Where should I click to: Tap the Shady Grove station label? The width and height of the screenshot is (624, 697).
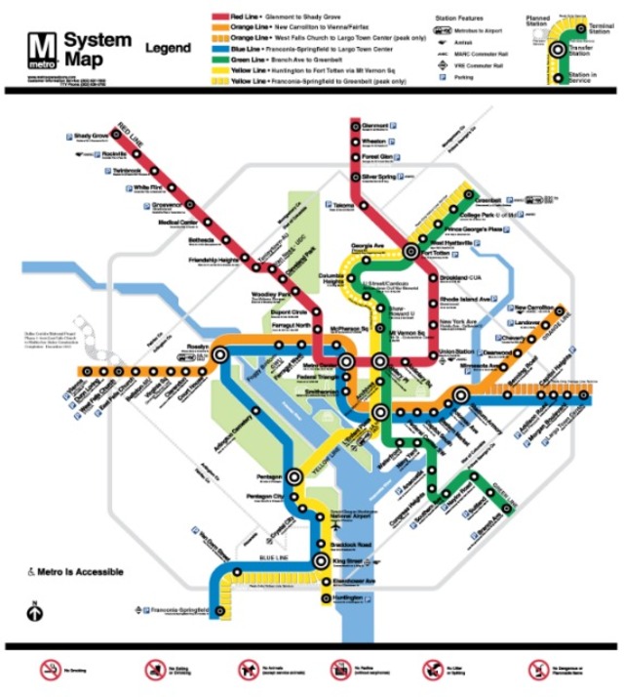click(91, 136)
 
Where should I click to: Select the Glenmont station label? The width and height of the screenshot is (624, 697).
click(375, 125)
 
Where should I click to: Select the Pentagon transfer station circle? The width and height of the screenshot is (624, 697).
click(295, 477)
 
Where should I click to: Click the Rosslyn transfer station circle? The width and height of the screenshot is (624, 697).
click(222, 356)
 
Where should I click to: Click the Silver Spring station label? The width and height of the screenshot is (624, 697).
click(376, 177)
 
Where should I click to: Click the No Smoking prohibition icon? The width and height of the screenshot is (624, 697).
click(50, 670)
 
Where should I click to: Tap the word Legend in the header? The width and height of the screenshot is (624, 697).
click(168, 47)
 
